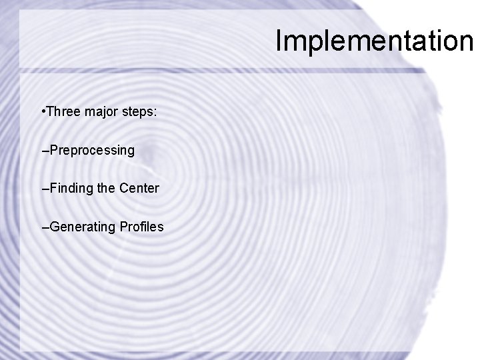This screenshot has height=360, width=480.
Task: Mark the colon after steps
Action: tap(155, 113)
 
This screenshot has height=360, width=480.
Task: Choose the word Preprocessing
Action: tap(92, 151)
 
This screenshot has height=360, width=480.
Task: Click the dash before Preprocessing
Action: tap(45, 151)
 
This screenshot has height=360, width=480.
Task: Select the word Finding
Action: tap(71, 189)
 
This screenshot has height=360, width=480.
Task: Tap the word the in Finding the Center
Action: tap(106, 189)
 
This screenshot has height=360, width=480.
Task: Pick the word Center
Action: tap(139, 189)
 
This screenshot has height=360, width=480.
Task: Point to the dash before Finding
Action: tap(45, 189)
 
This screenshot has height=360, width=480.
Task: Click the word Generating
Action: tap(83, 227)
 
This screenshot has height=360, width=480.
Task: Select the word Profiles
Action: tap(141, 227)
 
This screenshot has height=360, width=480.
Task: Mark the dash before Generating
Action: tap(45, 228)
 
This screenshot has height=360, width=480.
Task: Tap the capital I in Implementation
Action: tap(279, 41)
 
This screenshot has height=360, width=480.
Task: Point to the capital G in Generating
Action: tap(54, 227)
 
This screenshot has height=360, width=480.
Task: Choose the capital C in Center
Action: tap(124, 189)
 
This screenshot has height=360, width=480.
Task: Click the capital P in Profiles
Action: tap(123, 227)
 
